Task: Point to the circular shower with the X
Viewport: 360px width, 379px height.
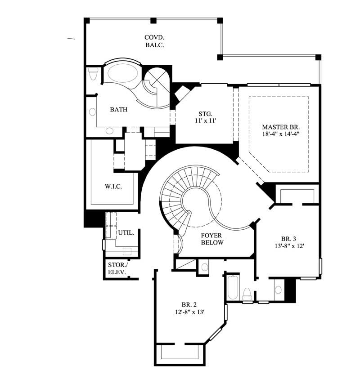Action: pyautogui.click(x=157, y=80)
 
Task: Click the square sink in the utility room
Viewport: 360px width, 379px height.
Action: pyautogui.click(x=127, y=251)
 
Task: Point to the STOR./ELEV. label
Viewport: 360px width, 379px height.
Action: pyautogui.click(x=117, y=268)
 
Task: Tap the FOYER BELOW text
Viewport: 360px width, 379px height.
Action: pyautogui.click(x=212, y=239)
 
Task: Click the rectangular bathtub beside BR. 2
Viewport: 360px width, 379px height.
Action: pyautogui.click(x=233, y=288)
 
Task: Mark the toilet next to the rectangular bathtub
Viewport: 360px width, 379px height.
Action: pyautogui.click(x=247, y=294)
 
